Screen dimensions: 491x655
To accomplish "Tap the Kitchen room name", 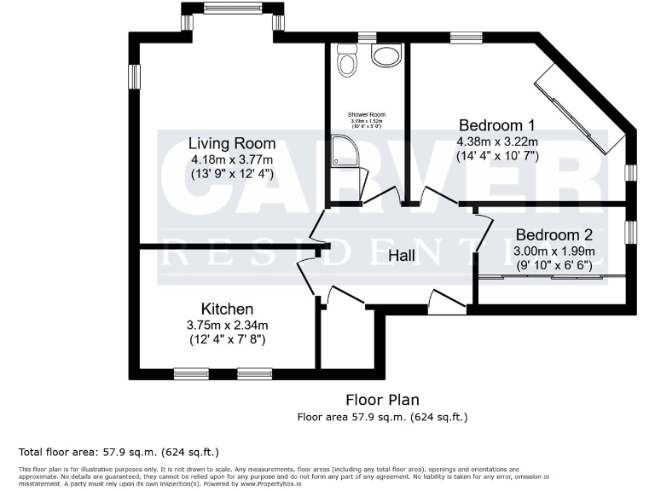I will point(227,309).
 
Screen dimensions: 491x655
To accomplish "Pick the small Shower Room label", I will point(366,114).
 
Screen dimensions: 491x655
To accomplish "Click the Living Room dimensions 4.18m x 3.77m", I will point(231,159).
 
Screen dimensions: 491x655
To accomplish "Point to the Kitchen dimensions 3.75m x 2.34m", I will point(227,325).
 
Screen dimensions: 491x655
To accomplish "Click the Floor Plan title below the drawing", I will point(382,399).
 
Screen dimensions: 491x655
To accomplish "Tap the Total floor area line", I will point(119,451).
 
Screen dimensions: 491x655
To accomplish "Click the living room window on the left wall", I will point(134,77).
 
